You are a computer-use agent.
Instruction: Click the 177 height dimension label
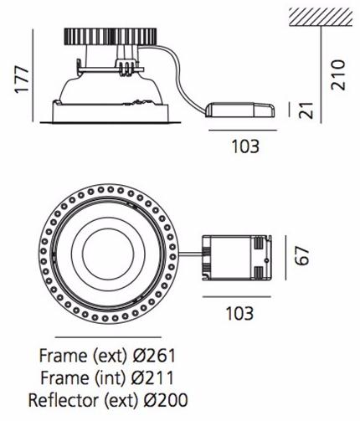[x=22, y=80]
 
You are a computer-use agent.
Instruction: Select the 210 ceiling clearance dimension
[x=338, y=74]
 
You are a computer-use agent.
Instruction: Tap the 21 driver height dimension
[x=307, y=110]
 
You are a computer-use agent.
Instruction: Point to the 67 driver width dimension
[x=302, y=255]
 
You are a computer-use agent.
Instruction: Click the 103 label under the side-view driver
[x=245, y=146]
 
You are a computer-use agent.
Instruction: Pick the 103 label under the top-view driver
[x=239, y=313]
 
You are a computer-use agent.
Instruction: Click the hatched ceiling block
[x=321, y=18]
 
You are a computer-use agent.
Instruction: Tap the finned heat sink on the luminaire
[x=111, y=36]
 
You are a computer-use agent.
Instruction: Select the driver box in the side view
[x=240, y=110]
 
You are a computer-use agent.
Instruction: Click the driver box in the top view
[x=237, y=257]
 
